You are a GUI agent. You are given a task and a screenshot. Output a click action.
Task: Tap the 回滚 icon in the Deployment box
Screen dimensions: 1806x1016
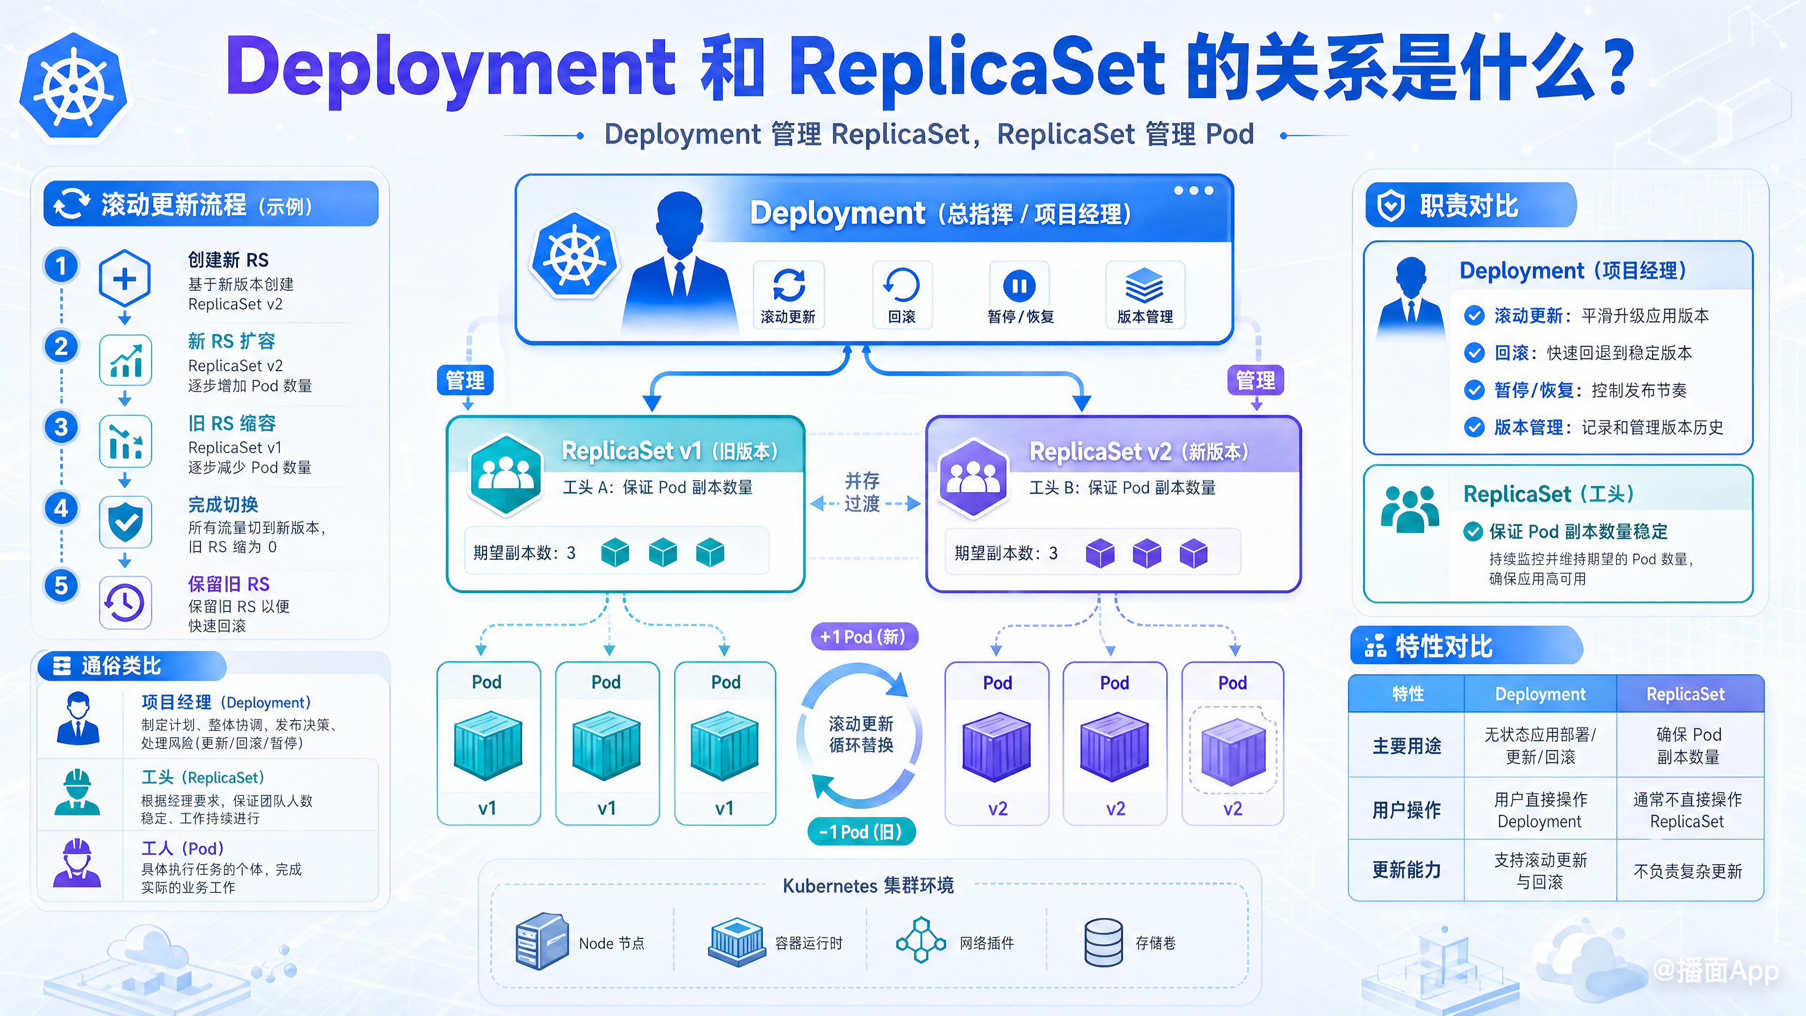[902, 286]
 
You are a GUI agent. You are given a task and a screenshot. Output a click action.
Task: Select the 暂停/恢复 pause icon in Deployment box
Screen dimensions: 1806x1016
[1019, 286]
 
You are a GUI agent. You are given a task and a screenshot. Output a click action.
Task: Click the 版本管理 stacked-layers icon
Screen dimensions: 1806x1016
[1144, 286]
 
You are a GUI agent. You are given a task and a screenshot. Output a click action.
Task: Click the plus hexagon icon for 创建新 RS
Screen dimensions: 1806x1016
[125, 279]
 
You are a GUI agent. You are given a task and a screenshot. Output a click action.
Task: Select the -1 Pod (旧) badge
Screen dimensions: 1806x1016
[863, 832]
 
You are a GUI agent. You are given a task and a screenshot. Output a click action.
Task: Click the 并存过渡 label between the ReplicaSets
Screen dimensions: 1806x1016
[863, 492]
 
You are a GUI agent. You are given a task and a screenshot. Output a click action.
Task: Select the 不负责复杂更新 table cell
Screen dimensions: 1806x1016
[1687, 871]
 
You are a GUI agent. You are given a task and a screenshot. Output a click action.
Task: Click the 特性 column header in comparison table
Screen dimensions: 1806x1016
[1408, 694]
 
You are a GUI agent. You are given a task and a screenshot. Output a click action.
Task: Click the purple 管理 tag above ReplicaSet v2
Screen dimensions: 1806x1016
[1256, 380]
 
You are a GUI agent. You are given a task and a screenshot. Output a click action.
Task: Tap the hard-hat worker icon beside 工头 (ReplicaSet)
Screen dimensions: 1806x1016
[77, 792]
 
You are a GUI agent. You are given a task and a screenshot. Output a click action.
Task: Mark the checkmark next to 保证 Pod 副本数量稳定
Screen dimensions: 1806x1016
[1473, 532]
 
